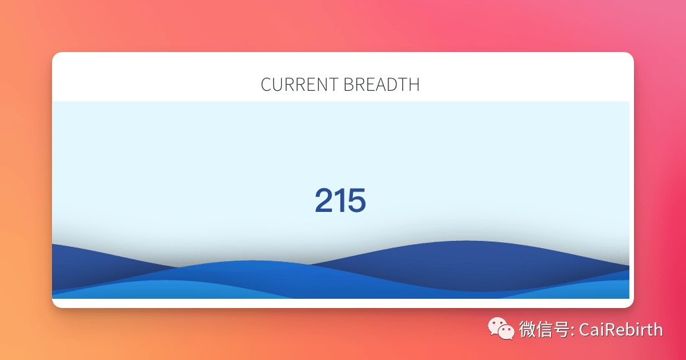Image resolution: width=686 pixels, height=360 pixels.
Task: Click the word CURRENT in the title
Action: tap(300, 84)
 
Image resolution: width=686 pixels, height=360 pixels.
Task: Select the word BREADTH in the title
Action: tap(381, 84)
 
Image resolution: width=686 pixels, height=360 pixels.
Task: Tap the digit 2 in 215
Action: tap(324, 200)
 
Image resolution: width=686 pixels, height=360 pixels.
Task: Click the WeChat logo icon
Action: tap(501, 328)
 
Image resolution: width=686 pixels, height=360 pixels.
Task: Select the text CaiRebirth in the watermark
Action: tap(621, 330)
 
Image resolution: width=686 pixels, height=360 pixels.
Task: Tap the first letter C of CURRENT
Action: tap(267, 84)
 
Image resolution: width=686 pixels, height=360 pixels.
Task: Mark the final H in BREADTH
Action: tap(414, 84)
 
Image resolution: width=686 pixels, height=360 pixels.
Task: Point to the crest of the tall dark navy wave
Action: tap(466, 241)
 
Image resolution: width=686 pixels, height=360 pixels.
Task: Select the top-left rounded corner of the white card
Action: tap(54, 54)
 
